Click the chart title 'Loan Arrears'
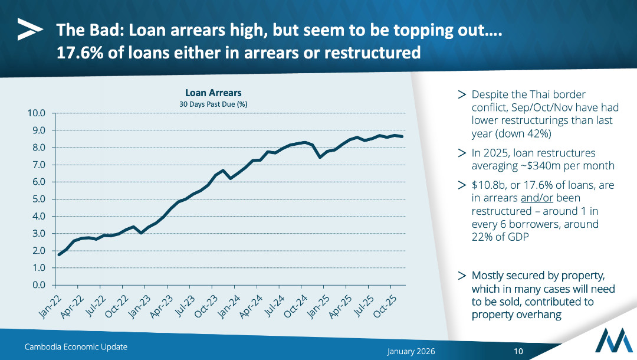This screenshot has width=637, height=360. [213, 93]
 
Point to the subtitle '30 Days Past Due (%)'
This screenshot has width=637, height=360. [213, 104]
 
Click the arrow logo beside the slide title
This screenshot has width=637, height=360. [29, 29]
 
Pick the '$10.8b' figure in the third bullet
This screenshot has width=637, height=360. [488, 185]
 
